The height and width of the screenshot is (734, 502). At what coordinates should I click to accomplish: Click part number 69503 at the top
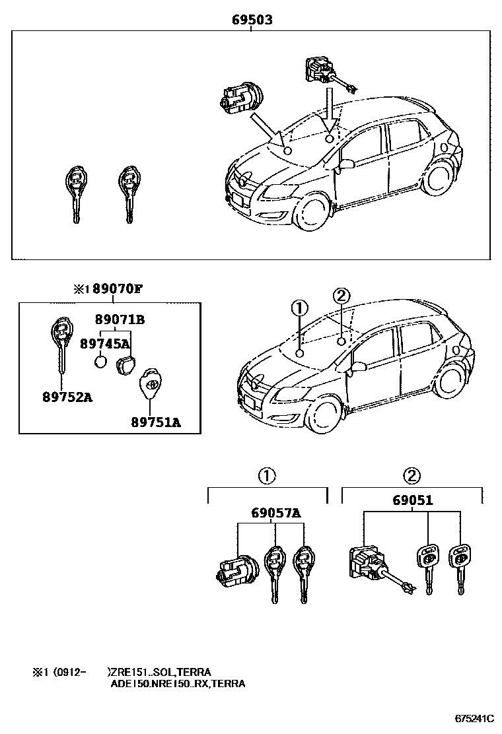(x=252, y=20)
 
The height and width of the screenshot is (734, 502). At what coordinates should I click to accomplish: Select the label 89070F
(x=116, y=288)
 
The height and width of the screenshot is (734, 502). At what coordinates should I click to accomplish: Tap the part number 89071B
(x=120, y=320)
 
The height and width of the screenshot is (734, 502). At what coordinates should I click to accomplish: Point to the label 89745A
(x=104, y=343)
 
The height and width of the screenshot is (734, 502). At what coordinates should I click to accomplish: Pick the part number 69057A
(x=275, y=513)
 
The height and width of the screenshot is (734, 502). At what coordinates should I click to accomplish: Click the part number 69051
(x=413, y=500)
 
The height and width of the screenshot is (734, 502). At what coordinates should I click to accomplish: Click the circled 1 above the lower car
(x=299, y=308)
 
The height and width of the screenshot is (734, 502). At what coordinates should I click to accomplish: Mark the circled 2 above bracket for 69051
(x=412, y=475)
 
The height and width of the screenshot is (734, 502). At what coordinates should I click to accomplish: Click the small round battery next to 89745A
(x=100, y=362)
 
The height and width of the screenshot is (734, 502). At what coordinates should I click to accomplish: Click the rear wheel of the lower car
(x=451, y=382)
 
